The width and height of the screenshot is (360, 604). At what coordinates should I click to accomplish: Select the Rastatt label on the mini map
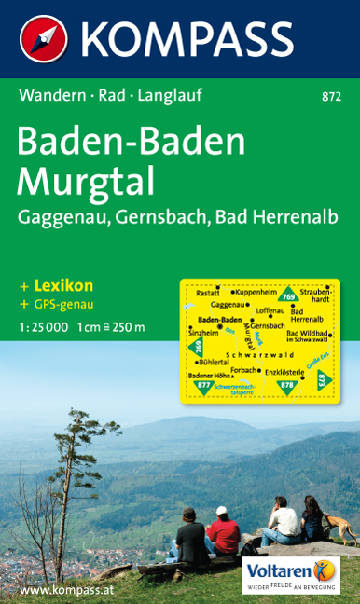(208, 292)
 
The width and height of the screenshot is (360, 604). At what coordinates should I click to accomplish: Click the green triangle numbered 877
(204, 383)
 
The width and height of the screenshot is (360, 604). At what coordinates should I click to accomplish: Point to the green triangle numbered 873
(322, 380)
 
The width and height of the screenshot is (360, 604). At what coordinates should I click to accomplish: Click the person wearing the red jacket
(224, 532)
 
